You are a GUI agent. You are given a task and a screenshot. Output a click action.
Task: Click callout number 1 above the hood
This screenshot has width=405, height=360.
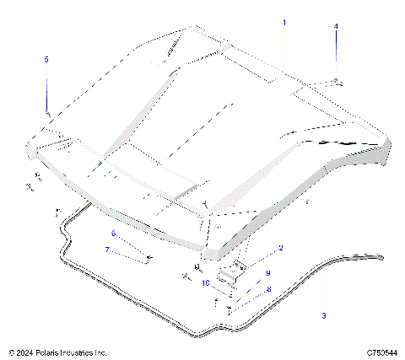[284, 23]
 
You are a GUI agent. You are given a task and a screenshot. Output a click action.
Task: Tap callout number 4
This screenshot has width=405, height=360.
[336, 27]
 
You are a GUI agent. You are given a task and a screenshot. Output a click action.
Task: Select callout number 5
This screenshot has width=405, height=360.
[46, 59]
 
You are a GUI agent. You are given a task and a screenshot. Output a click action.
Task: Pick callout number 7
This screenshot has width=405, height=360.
[106, 250]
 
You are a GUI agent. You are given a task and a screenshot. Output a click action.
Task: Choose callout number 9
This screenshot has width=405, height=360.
[267, 273]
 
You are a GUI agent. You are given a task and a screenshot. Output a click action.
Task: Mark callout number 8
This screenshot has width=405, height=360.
[268, 288]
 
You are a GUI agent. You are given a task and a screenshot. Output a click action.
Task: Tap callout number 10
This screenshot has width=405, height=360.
[205, 283]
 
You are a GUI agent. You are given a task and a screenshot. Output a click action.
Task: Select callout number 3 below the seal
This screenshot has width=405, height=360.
[324, 316]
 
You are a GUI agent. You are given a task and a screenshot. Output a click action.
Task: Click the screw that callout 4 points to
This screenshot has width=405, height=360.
[337, 81]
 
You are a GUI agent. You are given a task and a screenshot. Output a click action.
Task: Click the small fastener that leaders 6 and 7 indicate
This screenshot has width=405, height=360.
[148, 257]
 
